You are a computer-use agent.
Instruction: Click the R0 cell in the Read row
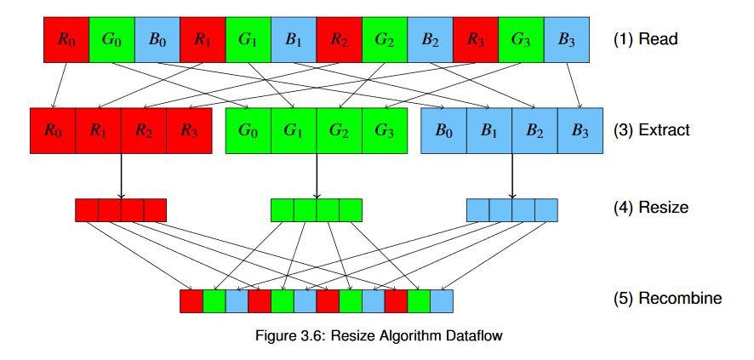tap(66, 39)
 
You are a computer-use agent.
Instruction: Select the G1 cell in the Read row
tap(248, 39)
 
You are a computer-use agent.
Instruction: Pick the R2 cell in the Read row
tap(339, 39)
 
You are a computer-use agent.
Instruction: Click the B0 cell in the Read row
tap(157, 39)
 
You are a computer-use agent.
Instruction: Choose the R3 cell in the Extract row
tap(189, 131)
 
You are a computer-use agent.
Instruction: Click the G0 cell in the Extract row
tap(248, 131)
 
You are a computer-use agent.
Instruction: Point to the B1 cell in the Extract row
tap(489, 131)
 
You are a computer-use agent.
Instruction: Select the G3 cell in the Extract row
tap(385, 131)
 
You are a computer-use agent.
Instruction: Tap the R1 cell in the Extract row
tap(98, 131)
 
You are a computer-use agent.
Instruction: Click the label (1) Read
tap(645, 39)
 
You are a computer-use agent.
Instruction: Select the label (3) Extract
tap(651, 131)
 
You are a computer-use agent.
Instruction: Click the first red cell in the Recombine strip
tap(191, 300)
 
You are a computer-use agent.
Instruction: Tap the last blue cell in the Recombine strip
tap(442, 300)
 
